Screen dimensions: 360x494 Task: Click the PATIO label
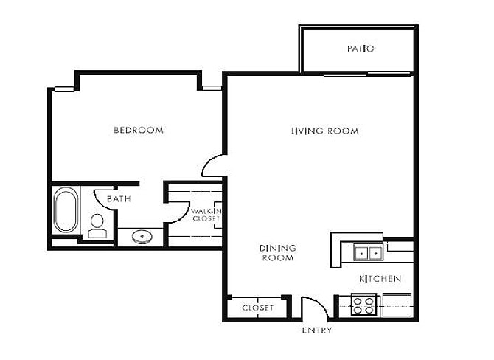361,49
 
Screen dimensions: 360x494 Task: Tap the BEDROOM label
138,131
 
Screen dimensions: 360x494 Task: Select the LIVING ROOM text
324,131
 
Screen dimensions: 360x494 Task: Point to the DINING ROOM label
277,253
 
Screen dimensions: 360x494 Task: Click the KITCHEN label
380,279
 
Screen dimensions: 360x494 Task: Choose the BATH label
119,199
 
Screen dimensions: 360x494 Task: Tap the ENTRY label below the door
316,330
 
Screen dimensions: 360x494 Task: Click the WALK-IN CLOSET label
206,215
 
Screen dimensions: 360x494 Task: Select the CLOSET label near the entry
257,308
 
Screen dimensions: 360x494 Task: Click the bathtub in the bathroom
65,211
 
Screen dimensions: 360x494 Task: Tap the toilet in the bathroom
97,225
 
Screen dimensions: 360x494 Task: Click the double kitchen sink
367,253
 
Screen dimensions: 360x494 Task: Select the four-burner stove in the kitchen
363,305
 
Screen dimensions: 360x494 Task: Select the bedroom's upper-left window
64,89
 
